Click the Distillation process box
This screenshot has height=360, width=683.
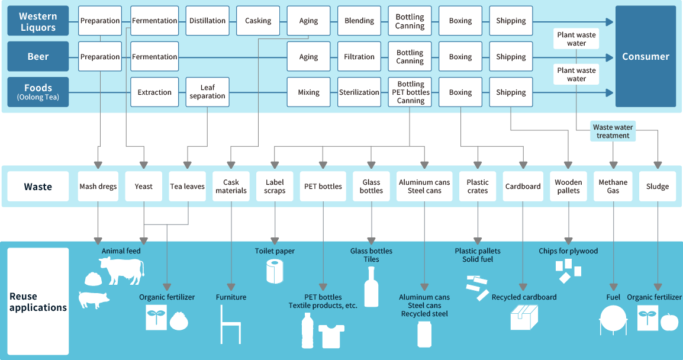pos(207,21)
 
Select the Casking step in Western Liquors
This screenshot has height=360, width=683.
pos(258,21)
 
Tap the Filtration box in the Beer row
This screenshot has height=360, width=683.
pos(359,57)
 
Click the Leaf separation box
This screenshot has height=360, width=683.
pos(207,92)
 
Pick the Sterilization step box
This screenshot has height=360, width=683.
pos(359,92)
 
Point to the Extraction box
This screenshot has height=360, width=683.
pos(154,92)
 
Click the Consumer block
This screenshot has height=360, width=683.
pos(645,57)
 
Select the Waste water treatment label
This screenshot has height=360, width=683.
pos(613,131)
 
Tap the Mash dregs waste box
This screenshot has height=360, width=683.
pos(98,187)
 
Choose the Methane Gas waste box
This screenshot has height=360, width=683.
pos(613,187)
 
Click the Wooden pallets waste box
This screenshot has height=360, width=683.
pos(568,187)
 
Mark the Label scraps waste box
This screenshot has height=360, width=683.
pos(275,187)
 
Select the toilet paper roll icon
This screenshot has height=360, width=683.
pos(275,271)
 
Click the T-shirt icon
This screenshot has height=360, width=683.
pos(331,336)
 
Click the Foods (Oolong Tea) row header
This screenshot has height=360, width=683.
pos(38,92)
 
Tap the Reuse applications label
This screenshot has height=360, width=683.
pos(38,302)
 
